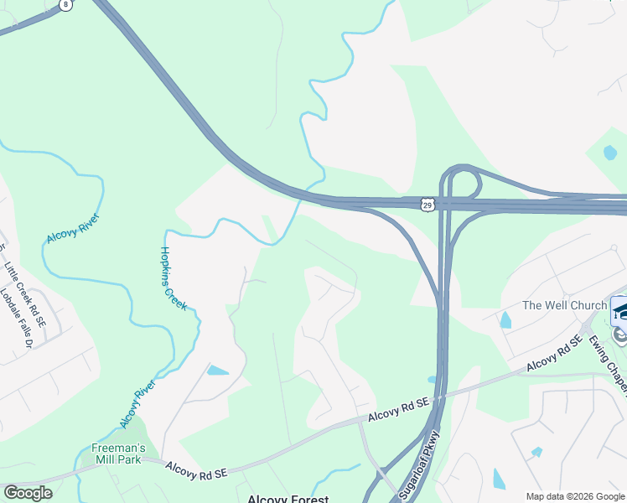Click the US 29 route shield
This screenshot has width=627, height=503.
427,204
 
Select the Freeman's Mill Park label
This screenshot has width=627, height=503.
118,454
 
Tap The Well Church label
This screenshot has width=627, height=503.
564,305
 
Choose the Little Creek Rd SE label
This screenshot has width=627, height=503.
25,293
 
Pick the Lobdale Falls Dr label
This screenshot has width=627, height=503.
16,319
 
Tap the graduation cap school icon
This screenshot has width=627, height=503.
621,311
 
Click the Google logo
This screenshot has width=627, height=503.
28,493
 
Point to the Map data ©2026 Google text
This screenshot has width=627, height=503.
575,496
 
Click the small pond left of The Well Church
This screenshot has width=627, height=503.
505,320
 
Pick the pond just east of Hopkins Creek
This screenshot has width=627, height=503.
217,370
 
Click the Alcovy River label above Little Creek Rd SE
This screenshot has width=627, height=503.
74,228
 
